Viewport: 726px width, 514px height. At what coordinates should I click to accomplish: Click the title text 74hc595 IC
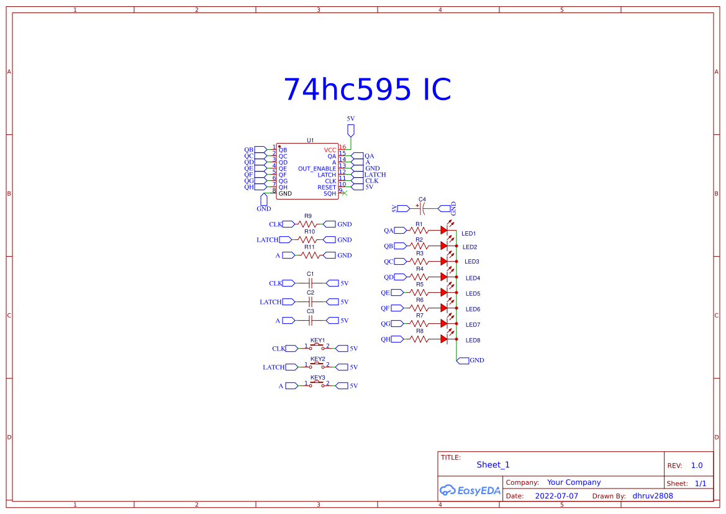[x=367, y=91]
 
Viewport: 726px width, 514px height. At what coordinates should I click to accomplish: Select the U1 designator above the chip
[x=311, y=140]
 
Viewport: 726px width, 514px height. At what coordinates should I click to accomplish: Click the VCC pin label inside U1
[x=330, y=150]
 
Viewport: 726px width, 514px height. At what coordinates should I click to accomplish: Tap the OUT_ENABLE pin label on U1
[x=317, y=168]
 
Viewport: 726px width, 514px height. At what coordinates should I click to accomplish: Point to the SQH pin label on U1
[x=330, y=193]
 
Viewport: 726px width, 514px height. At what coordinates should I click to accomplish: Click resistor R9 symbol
[x=309, y=224]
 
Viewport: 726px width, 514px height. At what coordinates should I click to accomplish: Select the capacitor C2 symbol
[x=311, y=301]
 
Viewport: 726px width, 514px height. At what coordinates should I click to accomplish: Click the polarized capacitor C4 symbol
[x=422, y=208]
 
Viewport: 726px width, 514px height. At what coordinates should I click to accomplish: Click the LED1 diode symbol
[x=444, y=230]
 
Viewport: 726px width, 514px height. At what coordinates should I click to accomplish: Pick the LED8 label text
[x=473, y=340]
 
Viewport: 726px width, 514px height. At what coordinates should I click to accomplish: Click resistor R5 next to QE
[x=420, y=292]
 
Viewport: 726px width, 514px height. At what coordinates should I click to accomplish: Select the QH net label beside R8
[x=386, y=339]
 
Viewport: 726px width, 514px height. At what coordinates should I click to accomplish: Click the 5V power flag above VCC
[x=350, y=130]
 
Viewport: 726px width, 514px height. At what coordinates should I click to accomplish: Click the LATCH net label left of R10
[x=268, y=239]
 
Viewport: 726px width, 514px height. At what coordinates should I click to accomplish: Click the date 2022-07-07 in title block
[x=556, y=496]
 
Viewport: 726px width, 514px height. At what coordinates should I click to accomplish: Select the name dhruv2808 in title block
[x=652, y=496]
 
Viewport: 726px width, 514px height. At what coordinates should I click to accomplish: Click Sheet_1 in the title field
[x=492, y=464]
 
